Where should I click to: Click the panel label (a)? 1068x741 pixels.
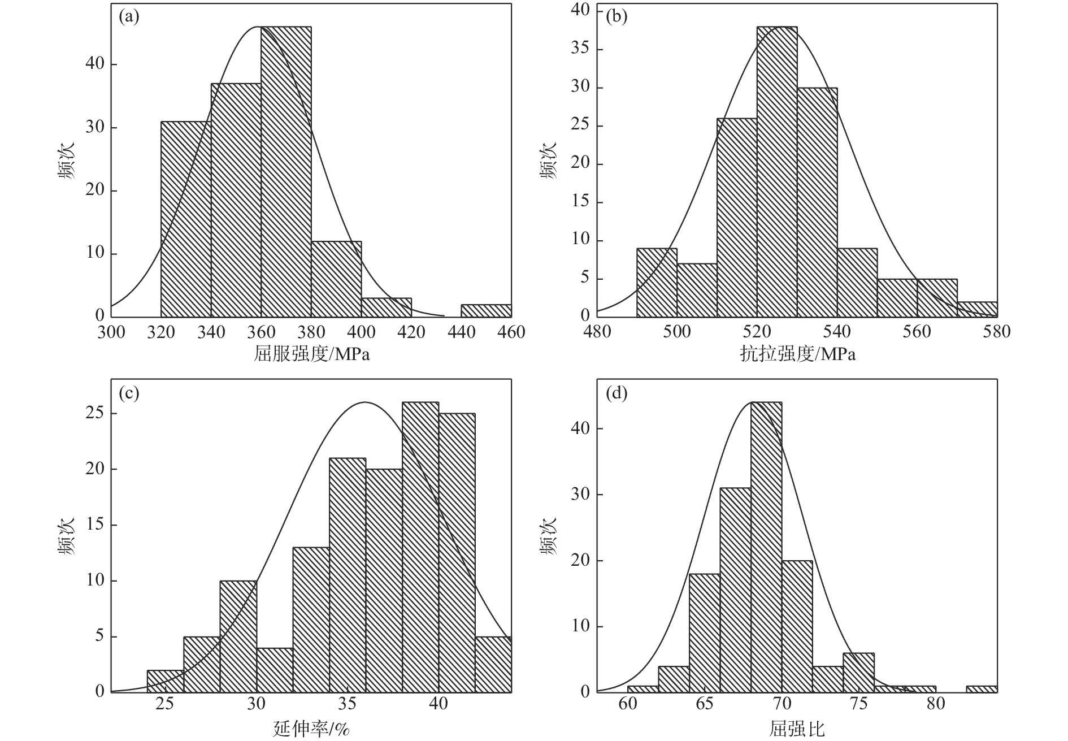coord(129,17)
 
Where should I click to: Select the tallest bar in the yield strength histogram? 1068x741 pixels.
coord(286,170)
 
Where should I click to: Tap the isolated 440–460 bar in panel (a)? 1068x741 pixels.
coord(486,310)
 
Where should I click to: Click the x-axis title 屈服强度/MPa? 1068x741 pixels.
coord(311,354)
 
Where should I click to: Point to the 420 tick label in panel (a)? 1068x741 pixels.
coord(411,332)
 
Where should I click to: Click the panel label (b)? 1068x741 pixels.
coord(616,17)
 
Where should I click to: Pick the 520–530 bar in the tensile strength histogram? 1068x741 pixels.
coord(777,170)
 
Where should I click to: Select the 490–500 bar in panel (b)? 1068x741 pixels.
coord(657,283)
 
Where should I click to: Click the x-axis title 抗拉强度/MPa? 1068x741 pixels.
coord(797,354)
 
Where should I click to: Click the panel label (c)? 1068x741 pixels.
coord(129,393)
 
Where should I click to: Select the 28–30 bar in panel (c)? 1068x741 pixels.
coord(238,636)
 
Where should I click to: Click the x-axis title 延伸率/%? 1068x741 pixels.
coord(311,730)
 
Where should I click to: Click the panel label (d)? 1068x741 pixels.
coord(616,393)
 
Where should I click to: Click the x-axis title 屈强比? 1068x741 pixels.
coord(797,730)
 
